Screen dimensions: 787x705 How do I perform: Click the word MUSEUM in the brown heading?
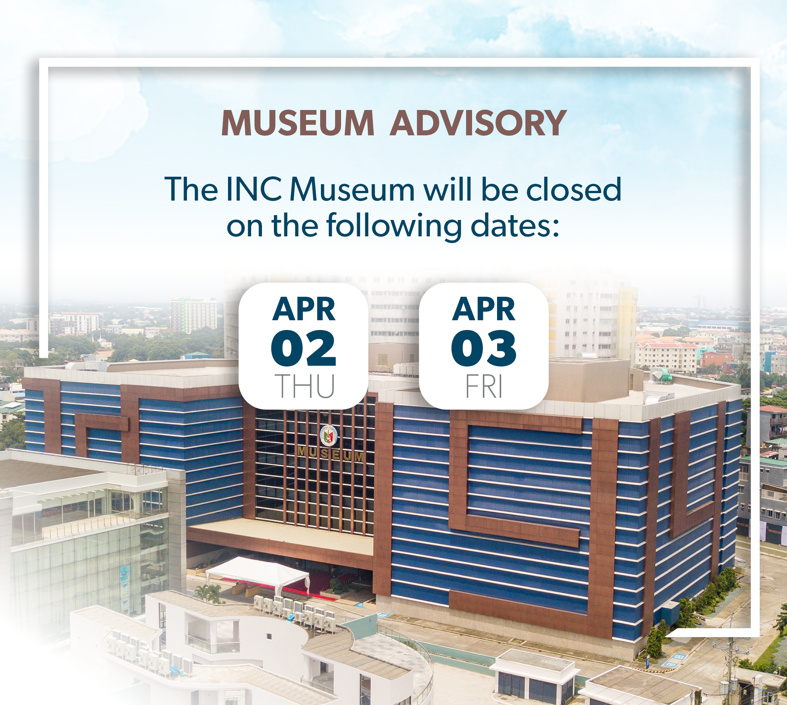tap(297, 123)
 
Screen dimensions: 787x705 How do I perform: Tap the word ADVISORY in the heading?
tap(478, 123)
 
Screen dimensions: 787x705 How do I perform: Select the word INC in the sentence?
tap(253, 189)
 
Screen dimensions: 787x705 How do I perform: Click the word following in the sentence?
tap(394, 227)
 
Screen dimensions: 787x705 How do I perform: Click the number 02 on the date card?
tap(303, 348)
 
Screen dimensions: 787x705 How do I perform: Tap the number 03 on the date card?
tap(484, 348)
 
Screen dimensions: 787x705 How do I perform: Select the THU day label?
tap(305, 386)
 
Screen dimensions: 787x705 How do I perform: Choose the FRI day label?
tap(484, 386)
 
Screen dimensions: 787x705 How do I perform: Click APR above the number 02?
tap(304, 309)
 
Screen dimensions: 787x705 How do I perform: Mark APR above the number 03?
tap(484, 309)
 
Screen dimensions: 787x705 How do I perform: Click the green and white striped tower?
tap(194, 315)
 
